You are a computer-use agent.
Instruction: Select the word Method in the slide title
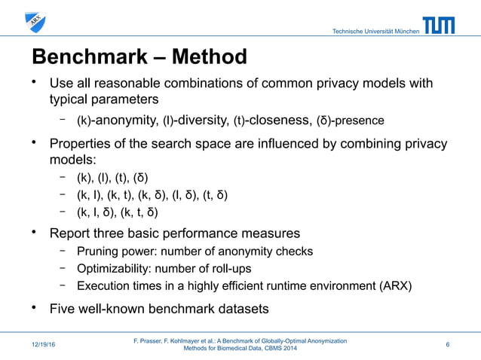[210, 56]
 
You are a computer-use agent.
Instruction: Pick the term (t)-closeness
[263, 120]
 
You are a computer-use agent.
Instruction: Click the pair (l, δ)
[179, 196]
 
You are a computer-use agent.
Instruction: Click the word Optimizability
[109, 268]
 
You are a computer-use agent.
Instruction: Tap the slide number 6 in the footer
[448, 345]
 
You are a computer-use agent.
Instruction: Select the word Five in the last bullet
[63, 309]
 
